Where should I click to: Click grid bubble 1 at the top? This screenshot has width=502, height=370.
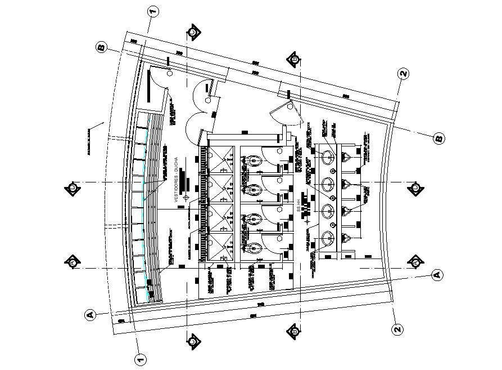(152, 11)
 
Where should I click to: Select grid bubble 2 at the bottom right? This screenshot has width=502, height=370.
(397, 329)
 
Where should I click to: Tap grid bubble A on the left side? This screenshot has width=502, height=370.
(89, 315)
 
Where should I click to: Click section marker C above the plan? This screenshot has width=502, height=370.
(193, 32)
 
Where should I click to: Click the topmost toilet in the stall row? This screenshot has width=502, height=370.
(255, 161)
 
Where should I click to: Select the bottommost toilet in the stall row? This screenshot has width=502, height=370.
(254, 246)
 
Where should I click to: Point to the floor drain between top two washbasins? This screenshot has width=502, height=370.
(333, 170)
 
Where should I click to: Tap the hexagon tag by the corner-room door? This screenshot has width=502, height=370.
(170, 73)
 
